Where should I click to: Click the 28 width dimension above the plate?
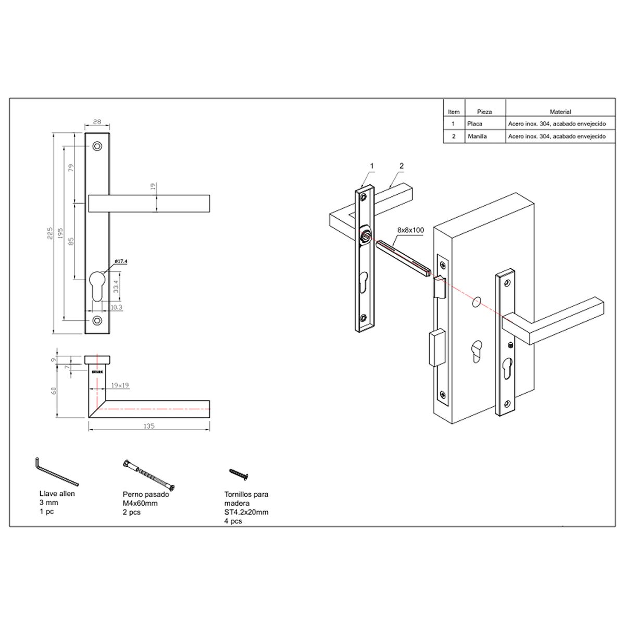pos(97,121)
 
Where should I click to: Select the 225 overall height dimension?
pos(50,233)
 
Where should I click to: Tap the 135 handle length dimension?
pos(148,426)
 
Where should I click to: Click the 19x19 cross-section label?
pos(120,385)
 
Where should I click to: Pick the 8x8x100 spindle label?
pos(410,230)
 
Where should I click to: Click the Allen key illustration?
pos(56,471)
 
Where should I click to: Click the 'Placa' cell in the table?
pos(474,124)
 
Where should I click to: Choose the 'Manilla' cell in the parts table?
pos(477,136)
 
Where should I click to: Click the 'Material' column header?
pos(560,111)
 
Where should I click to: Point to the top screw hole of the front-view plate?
pos(97,146)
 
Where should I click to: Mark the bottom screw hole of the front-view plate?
pos(97,320)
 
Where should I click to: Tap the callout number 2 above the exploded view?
pos(402,166)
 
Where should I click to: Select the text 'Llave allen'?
pos(57,493)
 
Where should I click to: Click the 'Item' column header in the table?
pos(454,111)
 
